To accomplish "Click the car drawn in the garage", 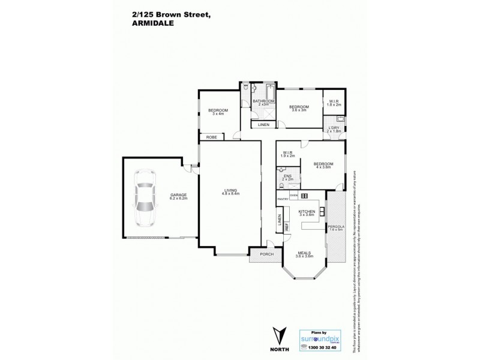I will (145, 198).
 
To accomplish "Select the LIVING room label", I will (230, 191).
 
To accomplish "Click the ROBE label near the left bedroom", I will (212, 137).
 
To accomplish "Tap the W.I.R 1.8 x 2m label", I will (334, 103).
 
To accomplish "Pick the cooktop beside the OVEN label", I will (304, 196).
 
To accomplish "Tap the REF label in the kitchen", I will (287, 227).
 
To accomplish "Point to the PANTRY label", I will (283, 199).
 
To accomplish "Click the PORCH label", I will (266, 254).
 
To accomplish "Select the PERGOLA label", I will (335, 226).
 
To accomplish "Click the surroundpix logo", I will (320, 337).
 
